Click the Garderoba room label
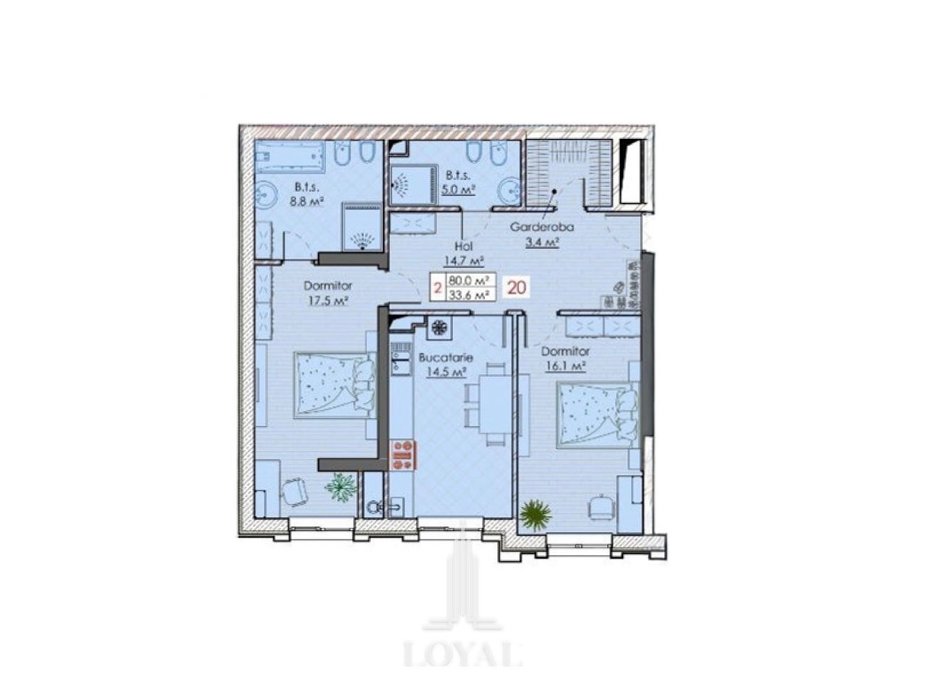tap(541, 227)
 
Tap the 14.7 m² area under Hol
tap(462, 261)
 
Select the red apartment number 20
tap(517, 288)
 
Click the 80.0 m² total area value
tap(468, 280)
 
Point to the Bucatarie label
tap(446, 358)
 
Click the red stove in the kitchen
tap(404, 455)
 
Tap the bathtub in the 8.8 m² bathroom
tap(290, 157)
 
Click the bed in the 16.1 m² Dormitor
tap(597, 415)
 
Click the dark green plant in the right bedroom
tap(535, 515)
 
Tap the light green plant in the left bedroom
tap(340, 487)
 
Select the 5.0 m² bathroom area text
tap(458, 189)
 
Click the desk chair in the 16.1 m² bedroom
tap(600, 509)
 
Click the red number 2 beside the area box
tap(438, 288)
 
